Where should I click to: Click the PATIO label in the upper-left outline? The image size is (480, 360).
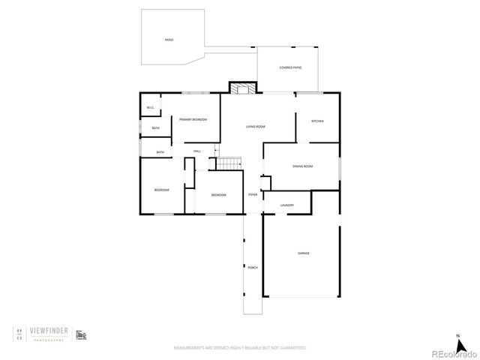pos(169,40)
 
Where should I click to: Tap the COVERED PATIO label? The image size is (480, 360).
pos(290,67)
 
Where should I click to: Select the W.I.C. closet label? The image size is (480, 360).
pos(150,106)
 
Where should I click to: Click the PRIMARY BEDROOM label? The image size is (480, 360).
pos(193,120)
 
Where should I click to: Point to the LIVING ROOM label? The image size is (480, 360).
pos(256,126)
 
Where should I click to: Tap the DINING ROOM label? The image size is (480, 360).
pos(302,166)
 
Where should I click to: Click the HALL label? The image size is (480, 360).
pos(197,151)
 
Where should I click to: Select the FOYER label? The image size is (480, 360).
pos(253,194)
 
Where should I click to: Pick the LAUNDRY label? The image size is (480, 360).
pos(286,205)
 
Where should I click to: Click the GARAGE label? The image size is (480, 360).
pos(303,253)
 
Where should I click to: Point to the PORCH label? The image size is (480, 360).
pos(252,267)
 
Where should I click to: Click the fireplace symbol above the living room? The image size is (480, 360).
pos(242,88)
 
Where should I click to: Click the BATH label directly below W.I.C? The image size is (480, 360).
pos(155,128)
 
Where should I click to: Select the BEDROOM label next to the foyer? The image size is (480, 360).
pos(218,195)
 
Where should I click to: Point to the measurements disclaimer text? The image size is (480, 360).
pos(240,349)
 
